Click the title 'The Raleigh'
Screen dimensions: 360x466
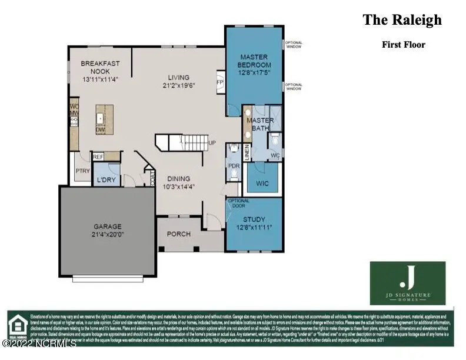click(402, 20)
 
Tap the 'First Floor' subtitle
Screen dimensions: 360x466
click(403, 45)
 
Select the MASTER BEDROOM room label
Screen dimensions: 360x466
click(254, 61)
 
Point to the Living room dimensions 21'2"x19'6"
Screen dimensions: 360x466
click(178, 85)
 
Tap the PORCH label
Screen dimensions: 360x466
click(179, 234)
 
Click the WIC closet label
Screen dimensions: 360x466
click(262, 184)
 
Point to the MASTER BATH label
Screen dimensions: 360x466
click(260, 124)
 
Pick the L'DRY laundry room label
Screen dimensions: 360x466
click(106, 179)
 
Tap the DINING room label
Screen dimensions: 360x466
click(178, 179)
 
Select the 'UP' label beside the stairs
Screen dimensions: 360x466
click(212, 143)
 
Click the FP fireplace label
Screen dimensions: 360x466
click(220, 82)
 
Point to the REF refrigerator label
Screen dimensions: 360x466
click(98, 156)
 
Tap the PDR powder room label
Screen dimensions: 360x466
click(233, 166)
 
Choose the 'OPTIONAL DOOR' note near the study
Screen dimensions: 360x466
click(238, 204)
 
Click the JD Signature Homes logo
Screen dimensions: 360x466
click(407, 283)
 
